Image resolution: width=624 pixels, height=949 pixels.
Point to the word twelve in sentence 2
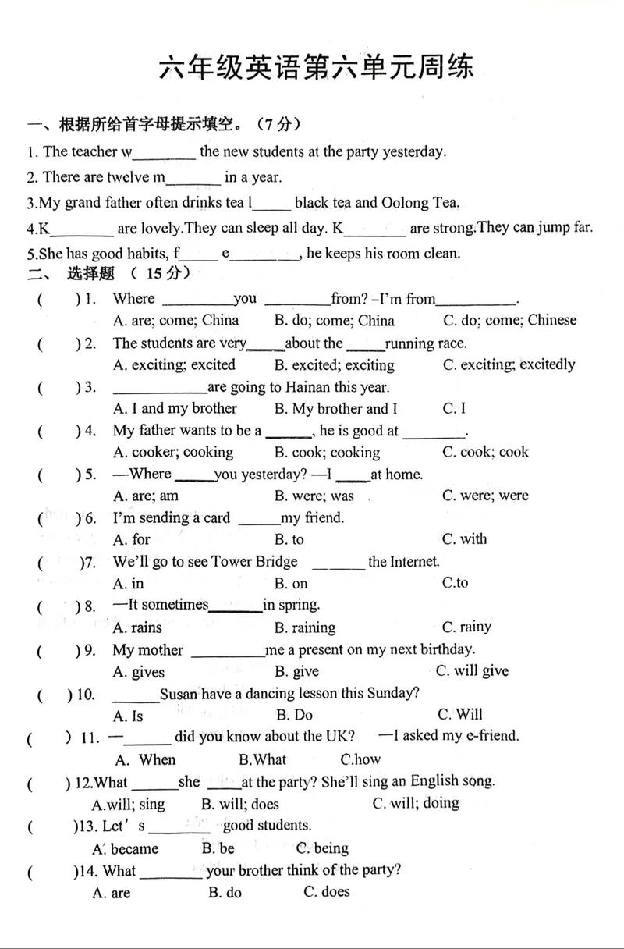coord(125,177)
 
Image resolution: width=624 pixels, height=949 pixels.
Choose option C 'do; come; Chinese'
coord(509,320)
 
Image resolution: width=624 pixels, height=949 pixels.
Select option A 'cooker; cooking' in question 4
coord(172,452)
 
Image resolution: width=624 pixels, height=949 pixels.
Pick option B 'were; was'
coord(314,496)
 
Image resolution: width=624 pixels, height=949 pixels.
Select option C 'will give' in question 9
coord(473,671)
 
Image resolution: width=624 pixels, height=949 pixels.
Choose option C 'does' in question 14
coord(327,892)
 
